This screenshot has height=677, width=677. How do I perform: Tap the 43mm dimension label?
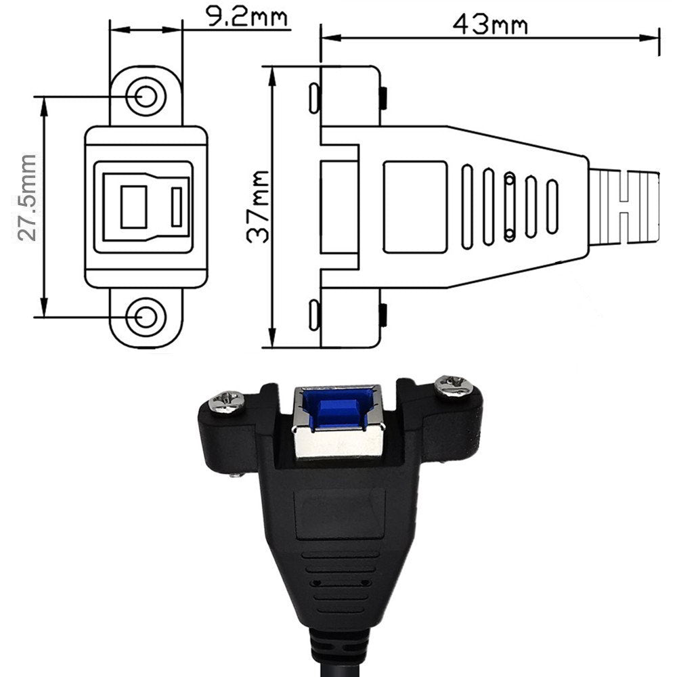click(x=490, y=24)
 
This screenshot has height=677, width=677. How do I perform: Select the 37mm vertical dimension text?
click(x=258, y=206)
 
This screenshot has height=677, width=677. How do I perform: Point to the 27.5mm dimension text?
click(x=26, y=198)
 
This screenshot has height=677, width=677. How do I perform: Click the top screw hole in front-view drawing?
click(x=146, y=97)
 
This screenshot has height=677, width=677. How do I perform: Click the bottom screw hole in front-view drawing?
click(x=146, y=316)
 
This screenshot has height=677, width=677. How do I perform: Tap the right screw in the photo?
click(x=454, y=387)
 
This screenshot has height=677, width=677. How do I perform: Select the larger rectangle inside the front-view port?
click(x=133, y=206)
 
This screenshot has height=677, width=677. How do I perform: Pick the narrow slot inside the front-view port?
click(x=177, y=207)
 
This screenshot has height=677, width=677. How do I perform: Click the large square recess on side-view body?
click(x=414, y=206)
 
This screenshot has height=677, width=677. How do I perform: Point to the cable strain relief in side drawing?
click(x=624, y=207)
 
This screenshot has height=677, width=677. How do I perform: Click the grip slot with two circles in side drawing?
click(x=510, y=206)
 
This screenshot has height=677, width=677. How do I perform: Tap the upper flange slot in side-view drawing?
click(x=313, y=99)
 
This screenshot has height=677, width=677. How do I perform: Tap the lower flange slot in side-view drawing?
click(x=313, y=315)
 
